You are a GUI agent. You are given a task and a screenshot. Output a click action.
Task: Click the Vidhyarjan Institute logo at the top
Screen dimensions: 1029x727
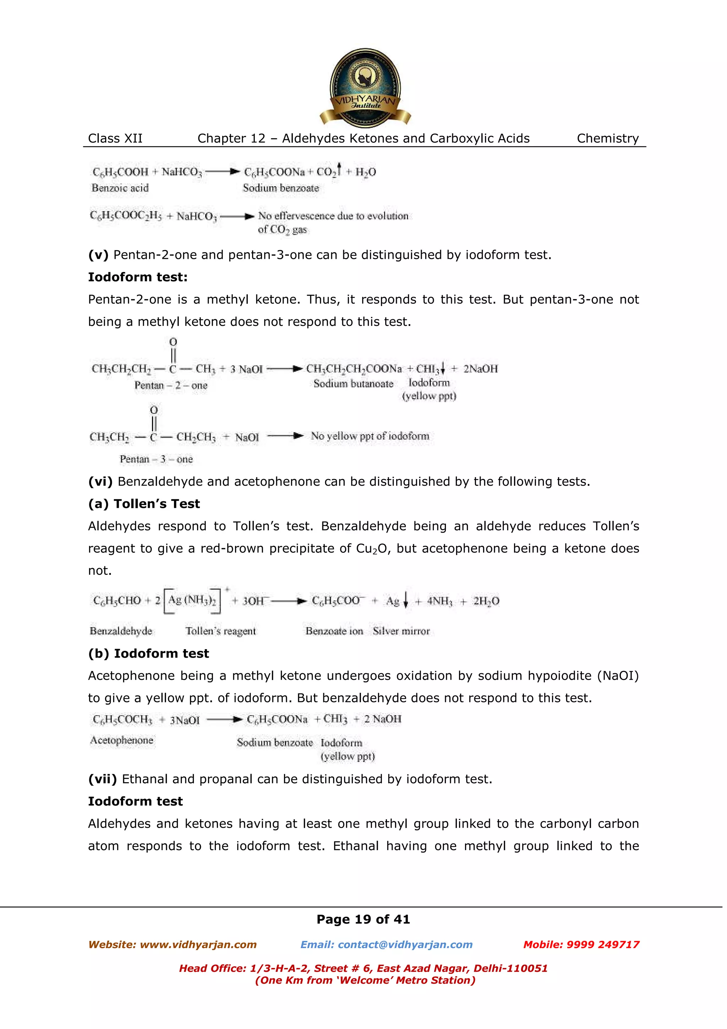365,88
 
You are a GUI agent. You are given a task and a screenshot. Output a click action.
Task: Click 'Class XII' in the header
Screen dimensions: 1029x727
115,138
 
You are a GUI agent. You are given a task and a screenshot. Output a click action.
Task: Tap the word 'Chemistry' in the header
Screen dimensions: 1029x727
607,138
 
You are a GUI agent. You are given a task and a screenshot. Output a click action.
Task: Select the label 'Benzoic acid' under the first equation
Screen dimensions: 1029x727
120,188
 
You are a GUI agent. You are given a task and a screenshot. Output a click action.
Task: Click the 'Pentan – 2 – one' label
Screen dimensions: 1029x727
171,385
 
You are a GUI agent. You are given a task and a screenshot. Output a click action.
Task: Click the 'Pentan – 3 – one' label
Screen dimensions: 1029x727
156,459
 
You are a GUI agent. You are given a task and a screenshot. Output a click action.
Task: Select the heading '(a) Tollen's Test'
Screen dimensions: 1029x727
144,504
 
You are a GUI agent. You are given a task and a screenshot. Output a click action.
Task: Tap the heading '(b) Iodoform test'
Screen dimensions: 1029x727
148,653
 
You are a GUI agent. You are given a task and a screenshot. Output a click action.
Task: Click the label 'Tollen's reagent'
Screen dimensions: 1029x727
220,631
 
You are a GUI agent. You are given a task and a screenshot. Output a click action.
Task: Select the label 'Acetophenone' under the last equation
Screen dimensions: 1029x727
121,740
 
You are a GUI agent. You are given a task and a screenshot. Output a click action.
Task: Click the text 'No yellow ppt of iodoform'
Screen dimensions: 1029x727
370,436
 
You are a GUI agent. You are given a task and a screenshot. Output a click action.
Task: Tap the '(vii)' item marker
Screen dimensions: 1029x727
102,779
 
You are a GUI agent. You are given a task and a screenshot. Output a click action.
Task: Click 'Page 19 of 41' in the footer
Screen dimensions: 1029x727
363,919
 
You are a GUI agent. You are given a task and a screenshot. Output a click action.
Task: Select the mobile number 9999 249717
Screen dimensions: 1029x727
602,944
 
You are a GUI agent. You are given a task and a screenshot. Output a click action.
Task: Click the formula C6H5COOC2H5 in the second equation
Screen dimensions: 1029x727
125,216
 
